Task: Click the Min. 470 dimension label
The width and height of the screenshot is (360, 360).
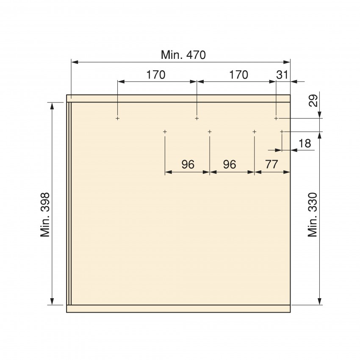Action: tap(183, 55)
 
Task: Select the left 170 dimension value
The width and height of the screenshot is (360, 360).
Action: tap(156, 75)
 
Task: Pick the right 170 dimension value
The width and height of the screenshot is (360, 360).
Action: tap(239, 75)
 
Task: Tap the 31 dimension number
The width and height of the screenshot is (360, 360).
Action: tap(282, 75)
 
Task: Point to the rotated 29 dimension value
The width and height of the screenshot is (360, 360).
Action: tap(313, 100)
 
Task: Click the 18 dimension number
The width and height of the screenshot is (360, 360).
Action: tap(305, 144)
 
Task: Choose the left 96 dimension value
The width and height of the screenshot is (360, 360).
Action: tap(188, 164)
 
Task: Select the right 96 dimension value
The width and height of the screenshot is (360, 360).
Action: tap(230, 164)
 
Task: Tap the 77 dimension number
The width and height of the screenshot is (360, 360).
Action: tap(271, 164)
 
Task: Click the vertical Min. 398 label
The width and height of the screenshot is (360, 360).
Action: tap(45, 215)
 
